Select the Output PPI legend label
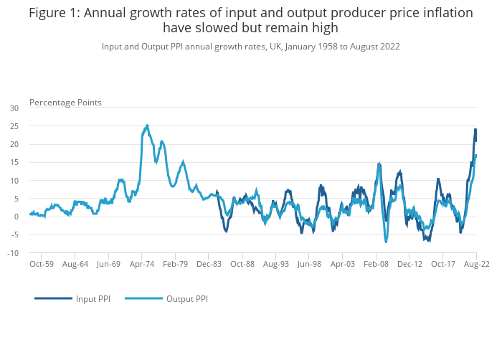click(187, 298)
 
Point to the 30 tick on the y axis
click(14, 108)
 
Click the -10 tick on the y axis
click(13, 253)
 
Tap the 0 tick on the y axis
click(16, 217)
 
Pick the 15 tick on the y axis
click(14, 163)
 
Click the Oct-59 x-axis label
click(42, 264)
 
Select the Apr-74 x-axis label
click(142, 264)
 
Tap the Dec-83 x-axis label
click(209, 264)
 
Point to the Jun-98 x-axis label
click(309, 264)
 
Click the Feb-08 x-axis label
click(376, 264)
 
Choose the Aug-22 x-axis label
click(476, 264)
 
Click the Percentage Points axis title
click(65, 102)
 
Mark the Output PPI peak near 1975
click(147, 125)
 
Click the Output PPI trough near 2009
click(386, 242)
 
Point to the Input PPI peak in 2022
click(475, 130)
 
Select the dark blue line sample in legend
click(53, 298)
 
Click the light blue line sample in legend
click(143, 298)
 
